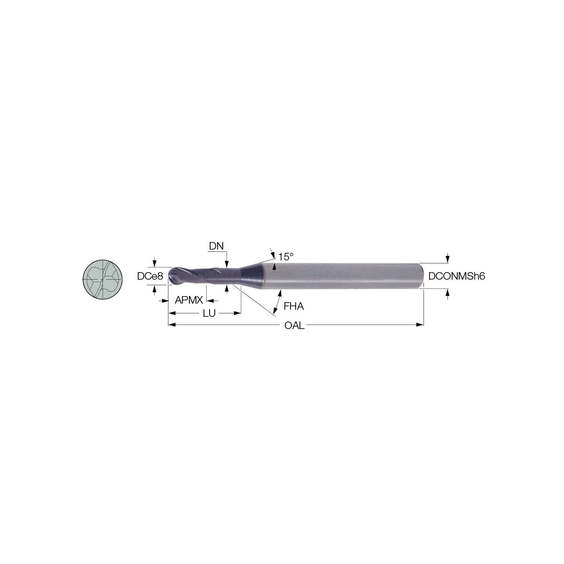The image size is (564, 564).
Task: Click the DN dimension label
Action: point(216,246)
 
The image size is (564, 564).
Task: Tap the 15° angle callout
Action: point(285,257)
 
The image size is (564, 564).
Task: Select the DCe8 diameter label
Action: point(150,276)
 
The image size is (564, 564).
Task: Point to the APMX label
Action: point(189,300)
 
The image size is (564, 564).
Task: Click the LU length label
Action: point(209,313)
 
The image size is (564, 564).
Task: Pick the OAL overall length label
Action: point(294,325)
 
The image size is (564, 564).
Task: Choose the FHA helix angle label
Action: point(294,306)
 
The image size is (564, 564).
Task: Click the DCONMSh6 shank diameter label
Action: point(456,276)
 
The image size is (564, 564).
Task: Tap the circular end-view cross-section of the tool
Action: point(102,280)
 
